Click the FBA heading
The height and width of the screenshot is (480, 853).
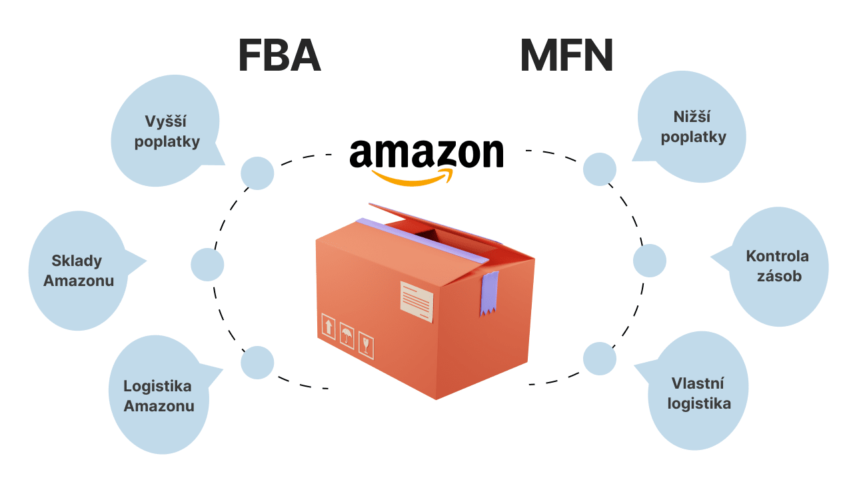coord(279,57)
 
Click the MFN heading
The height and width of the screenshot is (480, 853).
coord(566,57)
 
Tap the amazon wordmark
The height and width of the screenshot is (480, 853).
coord(426,153)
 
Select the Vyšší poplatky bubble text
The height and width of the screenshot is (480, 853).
coord(167,131)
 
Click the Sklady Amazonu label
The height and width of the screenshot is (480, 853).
coord(79,271)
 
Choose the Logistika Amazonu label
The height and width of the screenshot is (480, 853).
coord(159,395)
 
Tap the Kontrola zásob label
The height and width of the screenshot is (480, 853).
coord(777,265)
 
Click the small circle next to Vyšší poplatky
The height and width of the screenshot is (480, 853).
coord(257,173)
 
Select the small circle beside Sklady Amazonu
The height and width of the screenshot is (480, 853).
coord(207,265)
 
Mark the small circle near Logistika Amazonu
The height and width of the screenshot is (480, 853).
coord(257,363)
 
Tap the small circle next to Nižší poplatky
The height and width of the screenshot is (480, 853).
coord(600,169)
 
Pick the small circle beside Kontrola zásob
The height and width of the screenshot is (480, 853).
coord(649,261)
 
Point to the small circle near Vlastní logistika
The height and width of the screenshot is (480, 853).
coord(600,359)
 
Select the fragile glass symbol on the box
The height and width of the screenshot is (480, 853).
coord(366,344)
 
